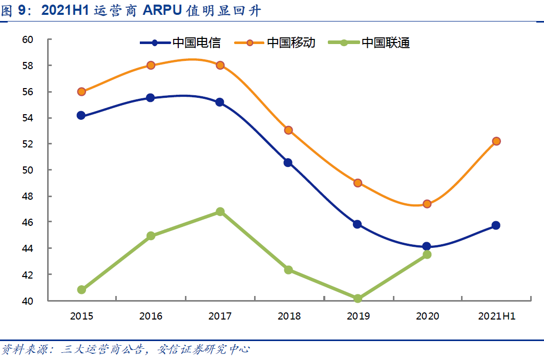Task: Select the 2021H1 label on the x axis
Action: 496,316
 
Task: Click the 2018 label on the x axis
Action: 289,316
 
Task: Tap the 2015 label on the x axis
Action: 81,316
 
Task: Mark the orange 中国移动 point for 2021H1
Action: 496,141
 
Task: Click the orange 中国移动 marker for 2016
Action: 151,65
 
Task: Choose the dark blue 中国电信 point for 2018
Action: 288,163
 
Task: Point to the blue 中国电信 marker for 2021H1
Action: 496,225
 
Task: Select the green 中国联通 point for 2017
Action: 220,211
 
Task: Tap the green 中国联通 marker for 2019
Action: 358,299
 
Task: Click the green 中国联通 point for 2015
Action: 81,290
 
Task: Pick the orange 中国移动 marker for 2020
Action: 427,204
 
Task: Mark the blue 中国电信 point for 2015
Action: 81,115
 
